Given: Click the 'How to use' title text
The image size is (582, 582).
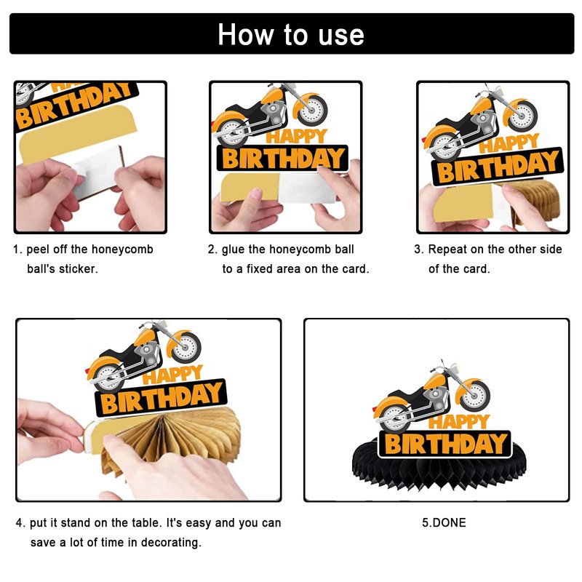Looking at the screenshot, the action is (290, 34).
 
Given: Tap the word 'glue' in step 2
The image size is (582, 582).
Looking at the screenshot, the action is (233, 249).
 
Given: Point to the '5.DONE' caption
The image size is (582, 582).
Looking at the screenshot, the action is (444, 522).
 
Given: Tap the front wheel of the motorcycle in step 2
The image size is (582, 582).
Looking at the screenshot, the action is (312, 111).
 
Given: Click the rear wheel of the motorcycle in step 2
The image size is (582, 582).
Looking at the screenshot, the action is (231, 132).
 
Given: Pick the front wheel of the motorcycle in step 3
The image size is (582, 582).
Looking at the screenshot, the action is (522, 116).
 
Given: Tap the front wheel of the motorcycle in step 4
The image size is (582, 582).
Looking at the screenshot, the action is (186, 348).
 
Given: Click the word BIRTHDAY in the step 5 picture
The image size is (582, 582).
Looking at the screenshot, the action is (445, 444).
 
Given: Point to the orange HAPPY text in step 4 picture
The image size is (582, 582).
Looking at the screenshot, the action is (173, 375).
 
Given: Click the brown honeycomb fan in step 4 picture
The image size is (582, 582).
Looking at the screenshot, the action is (175, 438).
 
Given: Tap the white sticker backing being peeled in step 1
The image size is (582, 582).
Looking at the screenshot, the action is (98, 172).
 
